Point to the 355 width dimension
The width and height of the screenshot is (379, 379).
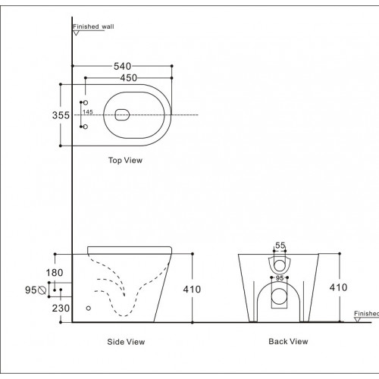pos(61,115)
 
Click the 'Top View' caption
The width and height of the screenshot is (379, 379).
pos(125,161)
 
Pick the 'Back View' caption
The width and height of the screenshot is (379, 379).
pos(288,342)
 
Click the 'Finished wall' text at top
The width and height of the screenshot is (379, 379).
pos(93,27)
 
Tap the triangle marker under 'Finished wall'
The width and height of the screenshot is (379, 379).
pos(76,34)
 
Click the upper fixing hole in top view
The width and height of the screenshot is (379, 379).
pos(85,102)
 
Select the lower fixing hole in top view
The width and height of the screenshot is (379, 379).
pos(85,127)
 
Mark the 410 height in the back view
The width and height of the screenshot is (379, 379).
pos(338,288)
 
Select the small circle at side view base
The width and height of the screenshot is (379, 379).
pos(89,308)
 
